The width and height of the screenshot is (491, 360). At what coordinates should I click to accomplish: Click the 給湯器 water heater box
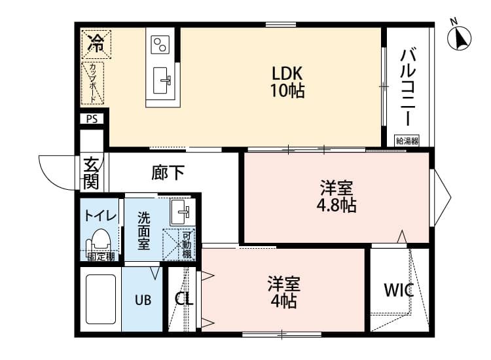[x=407, y=140]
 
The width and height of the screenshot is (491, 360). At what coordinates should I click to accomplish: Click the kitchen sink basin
[x=162, y=81]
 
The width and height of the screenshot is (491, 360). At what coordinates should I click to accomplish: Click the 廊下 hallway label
[x=168, y=173]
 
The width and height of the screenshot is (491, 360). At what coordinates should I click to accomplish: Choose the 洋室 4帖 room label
[x=283, y=293]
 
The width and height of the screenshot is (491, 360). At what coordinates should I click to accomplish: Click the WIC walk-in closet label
[x=399, y=291]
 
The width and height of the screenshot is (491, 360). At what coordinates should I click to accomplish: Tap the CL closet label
[x=184, y=299]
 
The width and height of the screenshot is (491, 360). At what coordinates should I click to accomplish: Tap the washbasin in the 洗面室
[x=179, y=211]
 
